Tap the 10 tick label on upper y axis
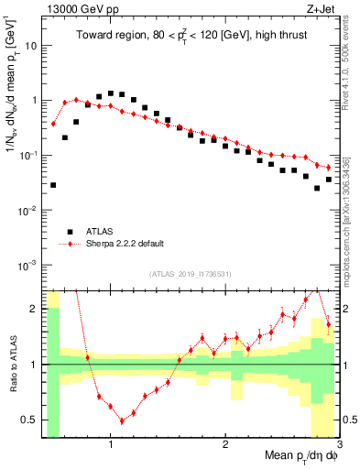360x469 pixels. (x=31, y=45)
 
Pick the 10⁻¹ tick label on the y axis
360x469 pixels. (x=29, y=155)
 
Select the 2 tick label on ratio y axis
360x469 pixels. (x=33, y=309)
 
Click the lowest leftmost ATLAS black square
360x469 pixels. (x=53, y=185)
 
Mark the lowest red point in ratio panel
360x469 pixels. (x=122, y=421)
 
